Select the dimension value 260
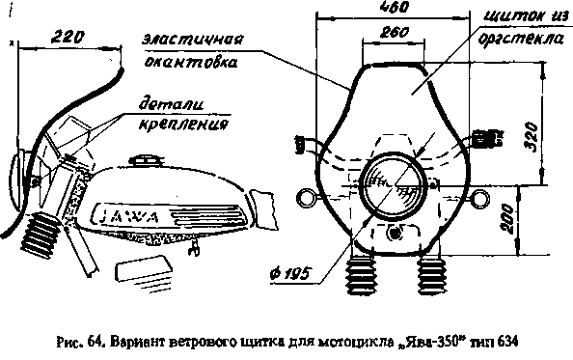[383, 31]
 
